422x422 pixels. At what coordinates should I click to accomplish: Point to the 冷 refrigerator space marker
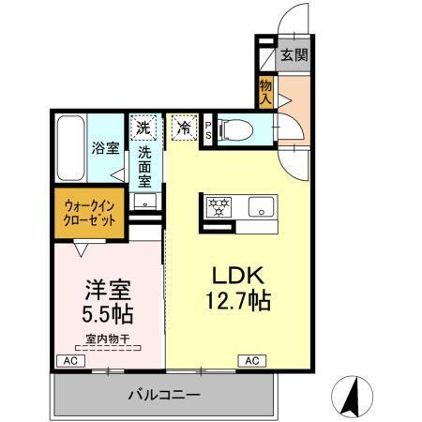tap(183, 127)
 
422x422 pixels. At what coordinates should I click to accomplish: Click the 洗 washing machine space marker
tap(143, 127)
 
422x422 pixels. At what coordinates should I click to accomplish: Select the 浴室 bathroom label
tap(103, 148)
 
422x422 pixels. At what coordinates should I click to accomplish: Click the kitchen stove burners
tap(218, 206)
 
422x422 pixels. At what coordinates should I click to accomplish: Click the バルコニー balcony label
tap(164, 396)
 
